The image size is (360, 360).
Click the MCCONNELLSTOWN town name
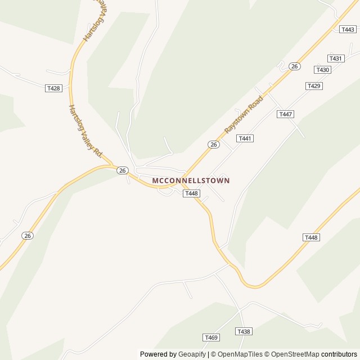(191, 181)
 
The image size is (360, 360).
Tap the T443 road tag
(348, 29)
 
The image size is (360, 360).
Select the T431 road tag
(336, 58)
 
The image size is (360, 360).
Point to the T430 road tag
(322, 70)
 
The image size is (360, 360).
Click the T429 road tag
(314, 85)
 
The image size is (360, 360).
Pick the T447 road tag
(286, 114)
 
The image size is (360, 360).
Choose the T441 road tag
(245, 138)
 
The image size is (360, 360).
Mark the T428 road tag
(53, 88)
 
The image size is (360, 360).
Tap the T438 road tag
(243, 332)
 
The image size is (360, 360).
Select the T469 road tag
(211, 337)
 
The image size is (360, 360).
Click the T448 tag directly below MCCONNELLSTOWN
(191, 193)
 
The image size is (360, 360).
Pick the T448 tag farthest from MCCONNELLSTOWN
(311, 237)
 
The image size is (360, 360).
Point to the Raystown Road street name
(244, 115)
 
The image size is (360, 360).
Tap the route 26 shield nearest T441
(213, 145)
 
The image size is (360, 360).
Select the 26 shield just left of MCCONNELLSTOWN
(122, 170)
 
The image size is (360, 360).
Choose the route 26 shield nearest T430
(294, 66)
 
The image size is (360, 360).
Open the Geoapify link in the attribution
(192, 354)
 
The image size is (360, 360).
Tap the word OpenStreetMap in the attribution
(295, 354)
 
